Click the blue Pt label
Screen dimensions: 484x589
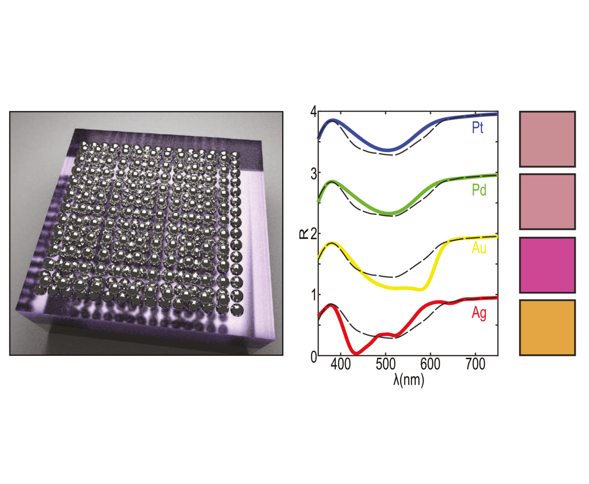pyautogui.click(x=478, y=128)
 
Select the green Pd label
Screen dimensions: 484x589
pyautogui.click(x=479, y=190)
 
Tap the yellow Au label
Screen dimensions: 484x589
pyautogui.click(x=479, y=248)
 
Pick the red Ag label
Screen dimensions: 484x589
pyautogui.click(x=479, y=313)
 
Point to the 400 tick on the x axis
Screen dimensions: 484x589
pyautogui.click(x=340, y=364)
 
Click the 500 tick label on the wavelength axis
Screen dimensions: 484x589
pyautogui.click(x=385, y=364)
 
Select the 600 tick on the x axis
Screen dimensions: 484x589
pyautogui.click(x=430, y=364)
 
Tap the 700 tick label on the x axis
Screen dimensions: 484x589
pyautogui.click(x=475, y=364)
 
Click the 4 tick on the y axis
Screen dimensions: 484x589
pyautogui.click(x=313, y=111)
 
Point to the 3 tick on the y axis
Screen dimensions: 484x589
pyautogui.click(x=313, y=174)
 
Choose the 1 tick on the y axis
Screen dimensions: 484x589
pyautogui.click(x=313, y=295)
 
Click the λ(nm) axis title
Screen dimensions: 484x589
pyautogui.click(x=408, y=380)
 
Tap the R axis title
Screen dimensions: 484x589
pyautogui.click(x=303, y=234)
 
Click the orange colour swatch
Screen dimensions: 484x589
pyautogui.click(x=547, y=328)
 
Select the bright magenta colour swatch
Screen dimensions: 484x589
pyautogui.click(x=547, y=265)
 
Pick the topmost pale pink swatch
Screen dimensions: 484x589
pyautogui.click(x=547, y=139)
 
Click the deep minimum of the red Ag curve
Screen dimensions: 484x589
pyautogui.click(x=356, y=353)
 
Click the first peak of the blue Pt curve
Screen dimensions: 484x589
pyautogui.click(x=333, y=121)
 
